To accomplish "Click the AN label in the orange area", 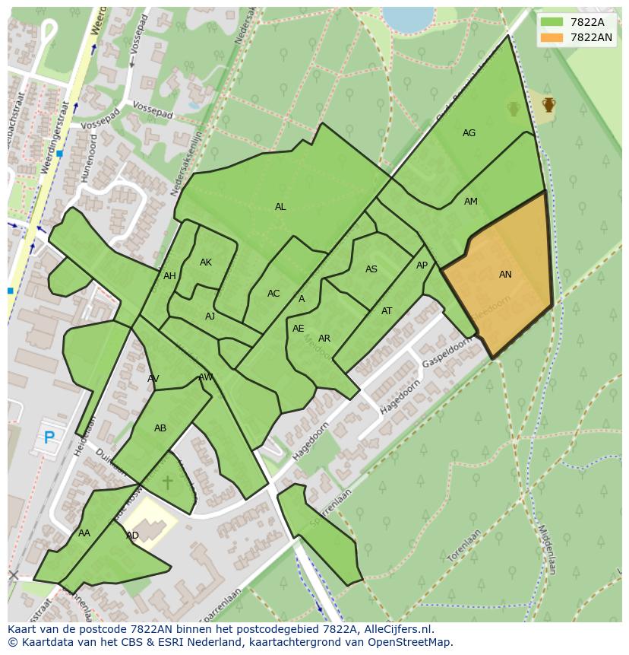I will point(505,275).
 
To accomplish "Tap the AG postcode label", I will point(469,133).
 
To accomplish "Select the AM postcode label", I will point(471,202).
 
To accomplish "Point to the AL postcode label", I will point(280,207).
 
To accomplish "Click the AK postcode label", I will point(206,262).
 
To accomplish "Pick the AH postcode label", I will point(169,276).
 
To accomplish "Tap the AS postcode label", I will point(371,269).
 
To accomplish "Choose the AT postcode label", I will point(387,311).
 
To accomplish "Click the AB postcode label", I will point(160,428).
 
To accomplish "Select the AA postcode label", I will point(84,533).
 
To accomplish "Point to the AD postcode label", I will point(132,536).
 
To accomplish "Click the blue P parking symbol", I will point(49,437).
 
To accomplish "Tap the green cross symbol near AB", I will point(167,482).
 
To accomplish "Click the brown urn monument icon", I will point(548,104).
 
